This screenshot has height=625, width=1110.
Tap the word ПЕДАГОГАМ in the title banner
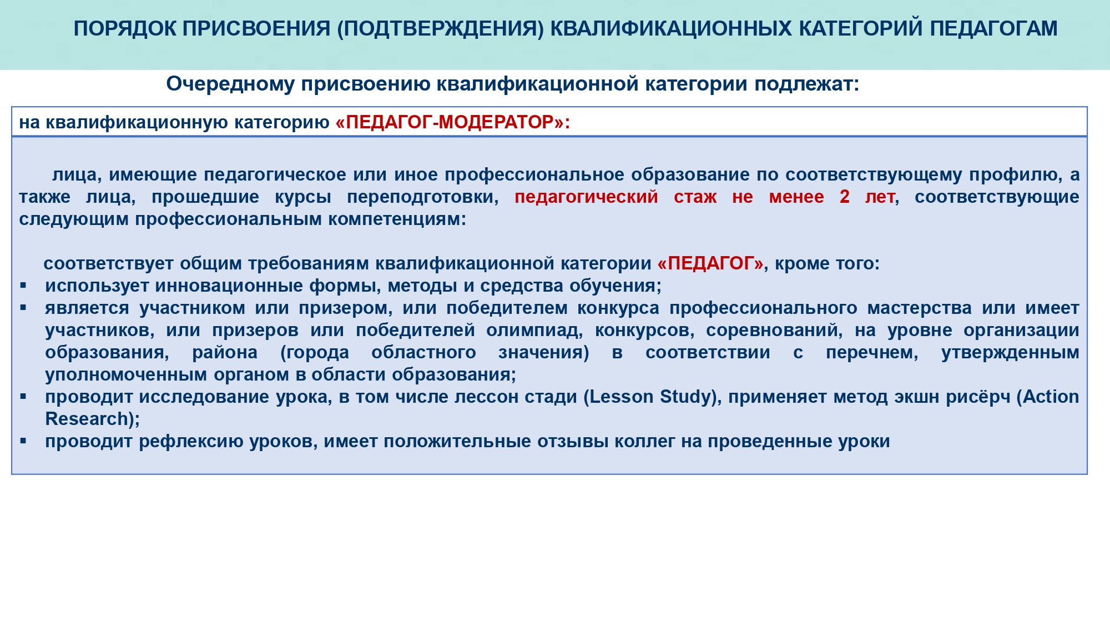(994, 28)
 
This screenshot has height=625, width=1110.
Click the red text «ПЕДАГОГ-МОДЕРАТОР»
(450, 122)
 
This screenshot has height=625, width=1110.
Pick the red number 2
(845, 197)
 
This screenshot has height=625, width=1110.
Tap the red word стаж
(695, 197)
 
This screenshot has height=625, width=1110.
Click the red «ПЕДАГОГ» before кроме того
(710, 263)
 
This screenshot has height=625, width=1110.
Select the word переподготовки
(423, 197)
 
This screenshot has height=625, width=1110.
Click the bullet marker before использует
(23, 285)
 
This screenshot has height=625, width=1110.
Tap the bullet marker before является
(23, 307)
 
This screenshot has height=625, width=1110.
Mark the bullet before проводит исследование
(23, 396)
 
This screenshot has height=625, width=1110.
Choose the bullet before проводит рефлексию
(23, 441)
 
